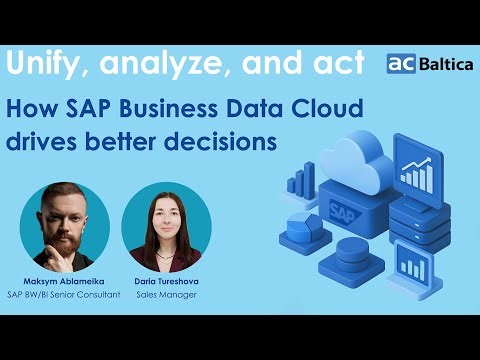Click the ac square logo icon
401,63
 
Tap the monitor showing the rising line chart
415,174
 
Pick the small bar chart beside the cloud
300,182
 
